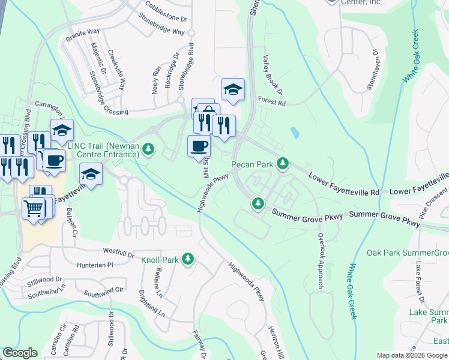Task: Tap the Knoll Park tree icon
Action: click(x=188, y=259)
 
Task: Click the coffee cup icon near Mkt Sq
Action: click(x=199, y=146)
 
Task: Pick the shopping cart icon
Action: click(x=33, y=209)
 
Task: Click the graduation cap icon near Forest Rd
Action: click(x=233, y=89)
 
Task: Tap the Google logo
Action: click(x=20, y=353)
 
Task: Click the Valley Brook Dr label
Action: click(x=268, y=75)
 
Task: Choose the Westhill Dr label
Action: click(x=119, y=252)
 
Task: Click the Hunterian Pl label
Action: click(x=93, y=264)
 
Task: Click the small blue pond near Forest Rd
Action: click(x=294, y=133)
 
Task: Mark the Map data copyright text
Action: click(x=411, y=355)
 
